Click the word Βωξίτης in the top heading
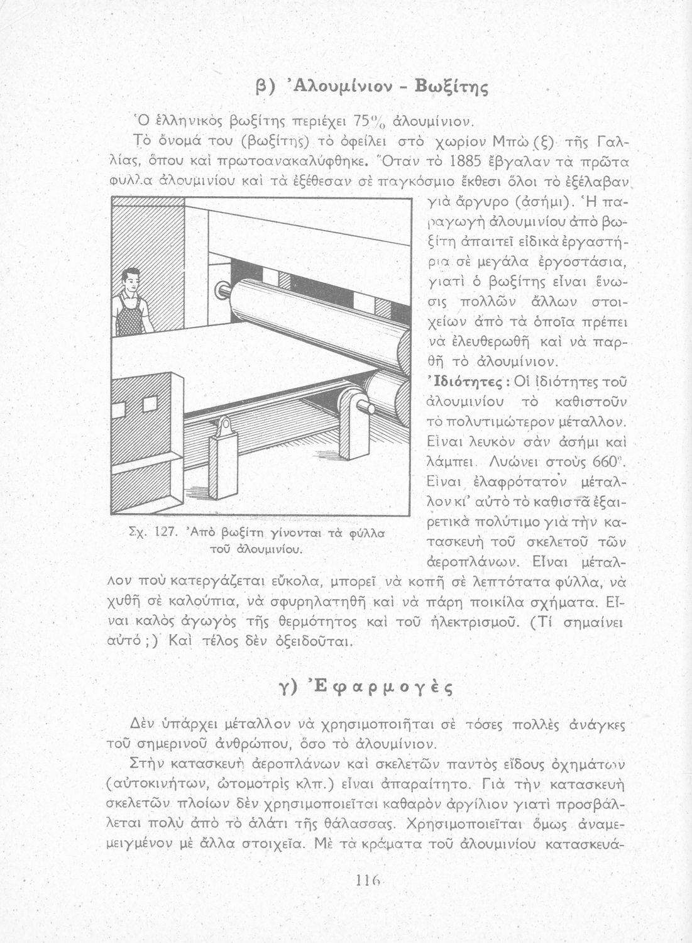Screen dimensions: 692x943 [x=451, y=87]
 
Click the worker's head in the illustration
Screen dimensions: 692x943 [x=129, y=280]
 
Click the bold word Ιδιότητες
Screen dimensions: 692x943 [x=469, y=382]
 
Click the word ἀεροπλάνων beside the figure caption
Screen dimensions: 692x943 [x=472, y=563]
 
